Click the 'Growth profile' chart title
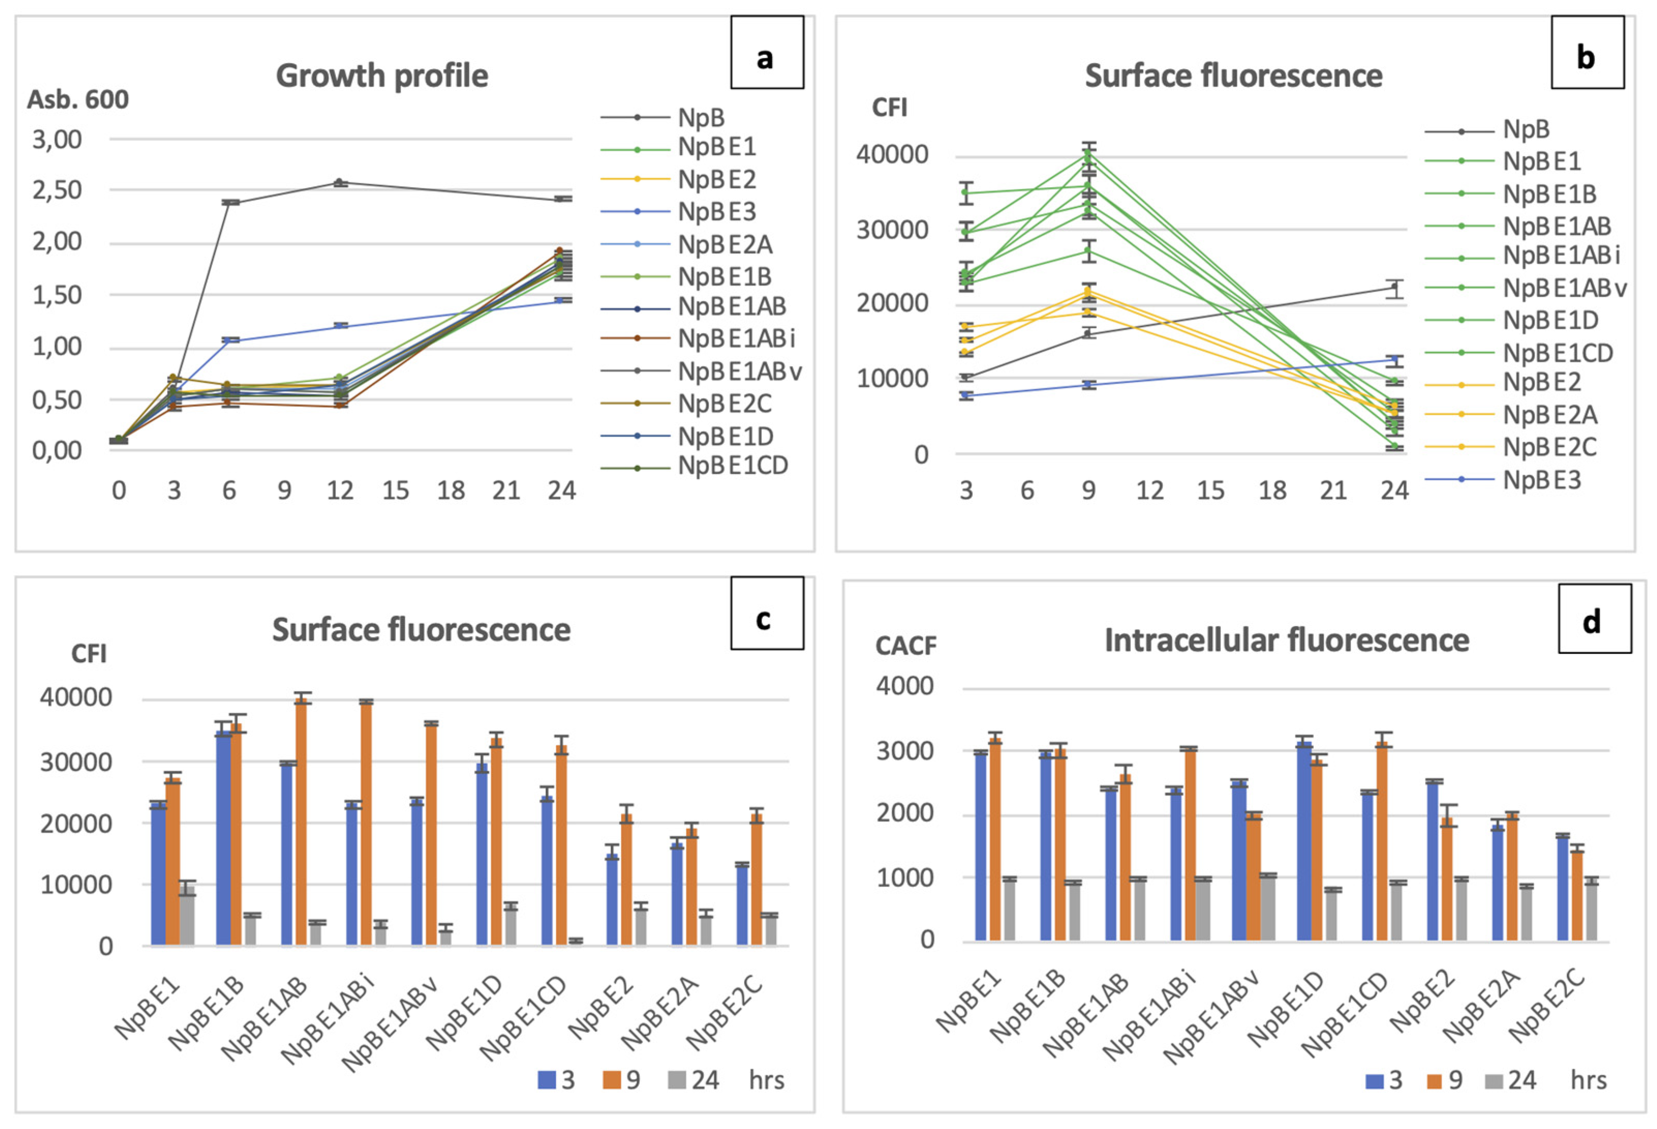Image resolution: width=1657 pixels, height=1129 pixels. [381, 75]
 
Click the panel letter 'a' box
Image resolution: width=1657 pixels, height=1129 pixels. [766, 53]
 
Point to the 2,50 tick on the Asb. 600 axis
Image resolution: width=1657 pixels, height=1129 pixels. [57, 190]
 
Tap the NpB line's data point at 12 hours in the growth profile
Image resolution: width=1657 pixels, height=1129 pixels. [340, 182]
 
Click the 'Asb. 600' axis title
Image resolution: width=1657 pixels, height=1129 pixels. [78, 100]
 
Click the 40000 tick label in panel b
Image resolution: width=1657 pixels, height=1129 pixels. [892, 155]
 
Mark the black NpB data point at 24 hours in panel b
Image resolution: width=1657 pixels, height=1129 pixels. [1394, 288]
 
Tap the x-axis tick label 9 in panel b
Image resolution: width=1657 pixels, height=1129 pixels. [1088, 491]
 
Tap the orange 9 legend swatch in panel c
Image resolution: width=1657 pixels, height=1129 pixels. [611, 1080]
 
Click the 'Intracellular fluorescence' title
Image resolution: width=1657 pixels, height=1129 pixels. [1286, 640]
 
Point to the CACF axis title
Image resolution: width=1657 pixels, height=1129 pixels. [906, 646]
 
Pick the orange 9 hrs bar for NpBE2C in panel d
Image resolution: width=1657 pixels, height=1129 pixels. [1576, 896]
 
